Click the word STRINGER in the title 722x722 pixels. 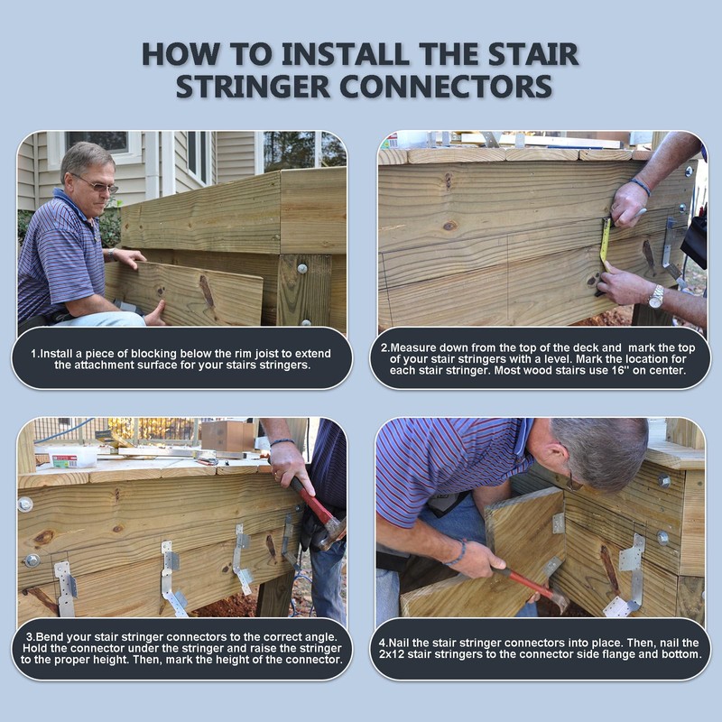pos(253,86)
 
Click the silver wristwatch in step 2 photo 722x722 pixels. pos(656,296)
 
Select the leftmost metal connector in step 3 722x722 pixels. pos(65,588)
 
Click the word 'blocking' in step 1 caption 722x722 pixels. pos(151,354)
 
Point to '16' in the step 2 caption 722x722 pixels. pos(617,370)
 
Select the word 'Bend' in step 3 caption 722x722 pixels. pos(48,637)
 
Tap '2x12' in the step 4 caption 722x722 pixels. pos(392,654)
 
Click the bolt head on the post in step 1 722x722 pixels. pos(302,268)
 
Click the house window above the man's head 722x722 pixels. pos(97,142)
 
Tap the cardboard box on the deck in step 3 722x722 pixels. pos(228,436)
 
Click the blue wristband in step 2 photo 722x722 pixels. pos(641,186)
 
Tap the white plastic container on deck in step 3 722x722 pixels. pos(73,458)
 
